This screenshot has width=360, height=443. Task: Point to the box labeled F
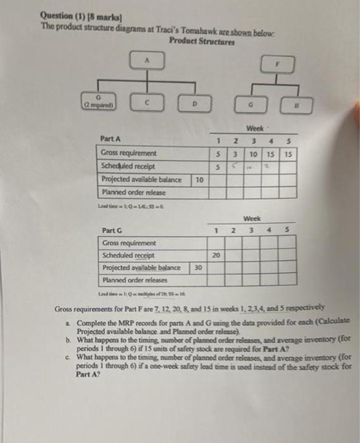point(276,65)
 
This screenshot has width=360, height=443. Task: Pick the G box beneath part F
point(252,105)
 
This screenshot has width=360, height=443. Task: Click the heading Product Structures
point(202,42)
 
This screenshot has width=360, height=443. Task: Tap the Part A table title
point(111,139)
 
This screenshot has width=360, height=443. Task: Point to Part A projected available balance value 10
point(199,180)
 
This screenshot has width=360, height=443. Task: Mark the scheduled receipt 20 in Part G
point(216,256)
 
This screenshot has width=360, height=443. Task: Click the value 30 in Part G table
point(198,268)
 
